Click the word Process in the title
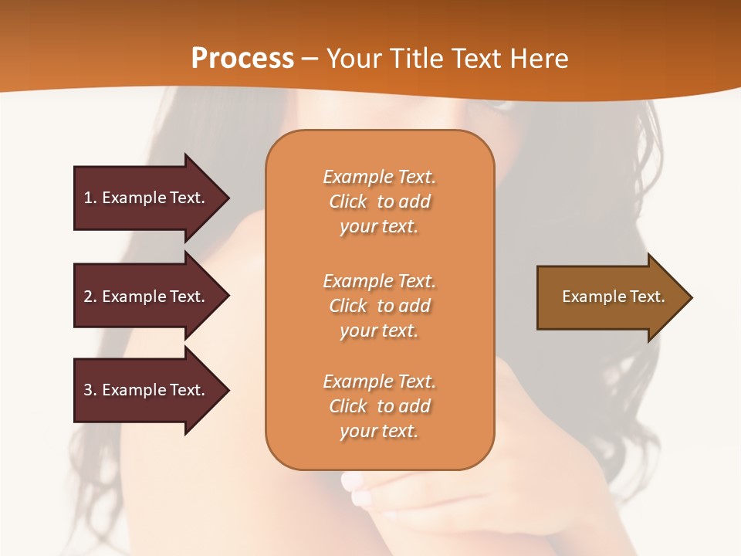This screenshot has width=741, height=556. tap(242, 59)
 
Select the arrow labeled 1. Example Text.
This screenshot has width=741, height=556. tap(147, 198)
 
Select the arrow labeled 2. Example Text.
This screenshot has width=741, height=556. tap(147, 297)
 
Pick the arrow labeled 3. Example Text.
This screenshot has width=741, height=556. tap(147, 390)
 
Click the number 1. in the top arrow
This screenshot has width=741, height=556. tap(90, 198)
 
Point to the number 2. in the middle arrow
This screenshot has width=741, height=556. tap(90, 297)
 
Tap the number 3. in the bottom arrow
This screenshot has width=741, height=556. tap(90, 390)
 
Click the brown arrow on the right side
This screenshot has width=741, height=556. tap(610, 297)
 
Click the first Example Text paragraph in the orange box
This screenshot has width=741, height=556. tap(379, 202)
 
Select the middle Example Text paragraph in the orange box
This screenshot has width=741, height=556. tap(379, 306)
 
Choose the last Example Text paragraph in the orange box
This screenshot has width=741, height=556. tap(379, 406)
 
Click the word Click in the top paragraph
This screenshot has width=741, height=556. tap(348, 202)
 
